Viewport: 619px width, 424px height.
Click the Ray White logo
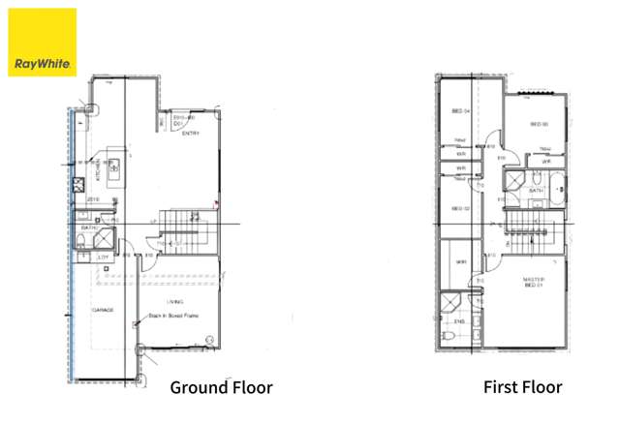coord(43,43)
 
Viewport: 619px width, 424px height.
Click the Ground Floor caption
coord(221,387)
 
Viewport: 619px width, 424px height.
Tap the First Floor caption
coord(522,387)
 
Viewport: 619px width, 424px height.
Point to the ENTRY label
coord(191,133)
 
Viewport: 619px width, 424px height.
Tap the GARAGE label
coord(104,311)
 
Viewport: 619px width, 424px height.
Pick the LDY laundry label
coord(104,257)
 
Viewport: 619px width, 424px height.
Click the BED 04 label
coord(460,111)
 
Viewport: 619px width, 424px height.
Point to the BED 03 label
coord(539,124)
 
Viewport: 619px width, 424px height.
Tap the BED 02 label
coord(460,208)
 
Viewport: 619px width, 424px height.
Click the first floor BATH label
coord(536,191)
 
